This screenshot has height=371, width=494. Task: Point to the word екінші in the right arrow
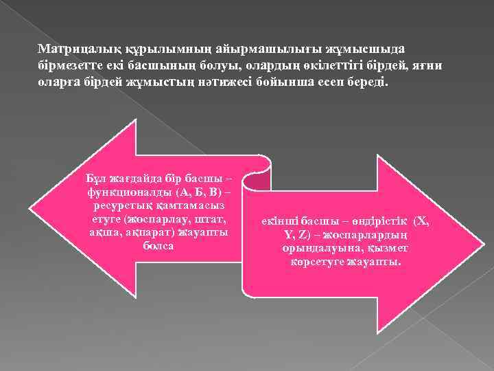(x=283, y=221)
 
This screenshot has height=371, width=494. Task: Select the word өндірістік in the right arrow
(x=381, y=221)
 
